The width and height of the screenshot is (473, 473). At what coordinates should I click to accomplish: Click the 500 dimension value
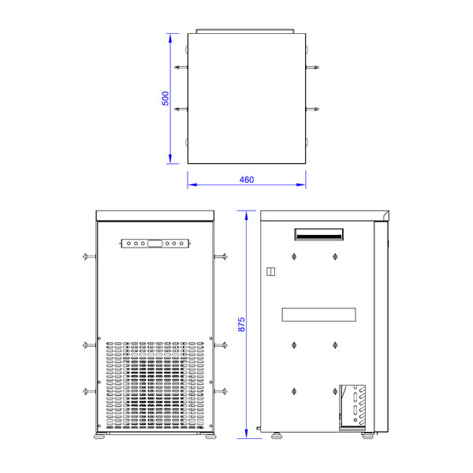[165, 99]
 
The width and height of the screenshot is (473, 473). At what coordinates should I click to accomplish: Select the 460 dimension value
[246, 180]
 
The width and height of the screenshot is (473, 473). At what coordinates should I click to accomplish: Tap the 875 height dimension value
[242, 322]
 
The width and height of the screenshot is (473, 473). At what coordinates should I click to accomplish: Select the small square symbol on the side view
[270, 272]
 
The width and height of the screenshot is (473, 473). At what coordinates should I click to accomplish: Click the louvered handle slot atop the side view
[318, 233]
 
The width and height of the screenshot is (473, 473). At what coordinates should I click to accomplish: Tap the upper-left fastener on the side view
[294, 256]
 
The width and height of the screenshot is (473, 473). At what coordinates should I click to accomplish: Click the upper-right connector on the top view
[313, 69]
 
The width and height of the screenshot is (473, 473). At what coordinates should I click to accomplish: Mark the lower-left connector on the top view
[181, 108]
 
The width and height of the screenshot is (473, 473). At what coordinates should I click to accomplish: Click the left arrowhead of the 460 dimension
[190, 185]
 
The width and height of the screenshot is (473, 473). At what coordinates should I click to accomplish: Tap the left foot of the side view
[277, 433]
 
